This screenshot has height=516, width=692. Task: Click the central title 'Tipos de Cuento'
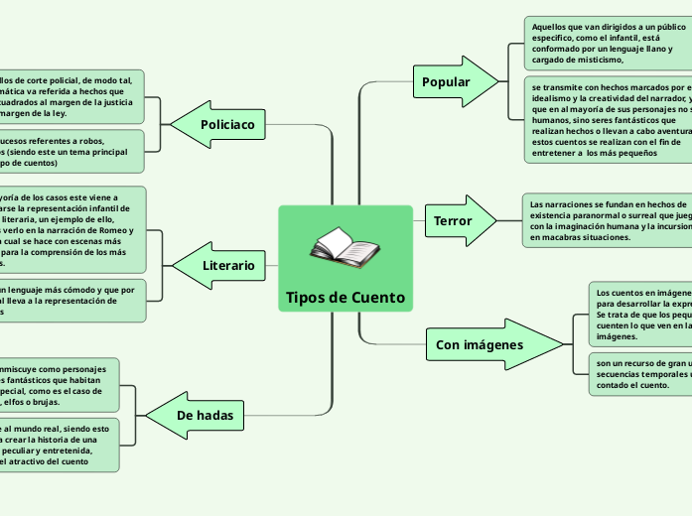click(345, 298)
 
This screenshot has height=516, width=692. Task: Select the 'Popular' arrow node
click(450, 81)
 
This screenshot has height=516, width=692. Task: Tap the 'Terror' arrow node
click(457, 220)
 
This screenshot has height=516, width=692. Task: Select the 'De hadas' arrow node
click(202, 415)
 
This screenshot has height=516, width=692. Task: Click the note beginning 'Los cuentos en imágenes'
click(640, 315)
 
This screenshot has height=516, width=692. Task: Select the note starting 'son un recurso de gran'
click(640, 375)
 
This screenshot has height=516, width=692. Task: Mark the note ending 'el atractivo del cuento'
click(60, 444)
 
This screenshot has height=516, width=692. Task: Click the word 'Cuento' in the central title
click(378, 298)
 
